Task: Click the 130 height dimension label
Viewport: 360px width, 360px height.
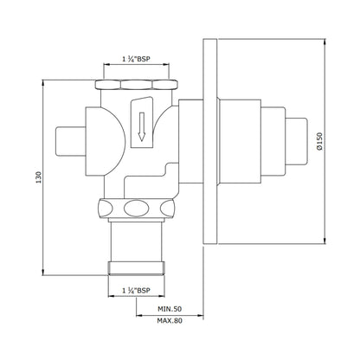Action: pyautogui.click(x=39, y=177)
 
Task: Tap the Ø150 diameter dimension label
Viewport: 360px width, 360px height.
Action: pyautogui.click(x=319, y=141)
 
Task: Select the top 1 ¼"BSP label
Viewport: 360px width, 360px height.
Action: pyautogui.click(x=136, y=59)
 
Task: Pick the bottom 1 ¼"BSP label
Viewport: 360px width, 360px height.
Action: pyautogui.click(x=136, y=291)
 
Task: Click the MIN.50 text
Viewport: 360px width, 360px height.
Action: pyautogui.click(x=170, y=309)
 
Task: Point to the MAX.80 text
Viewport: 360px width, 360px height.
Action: pyautogui.click(x=170, y=320)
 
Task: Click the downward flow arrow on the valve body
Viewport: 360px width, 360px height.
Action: pyautogui.click(x=141, y=126)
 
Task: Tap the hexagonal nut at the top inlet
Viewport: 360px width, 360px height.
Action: pyautogui.click(x=136, y=84)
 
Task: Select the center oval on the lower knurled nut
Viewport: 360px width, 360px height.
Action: pyautogui.click(x=136, y=208)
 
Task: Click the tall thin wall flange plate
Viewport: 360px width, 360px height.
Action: pyautogui.click(x=210, y=141)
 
